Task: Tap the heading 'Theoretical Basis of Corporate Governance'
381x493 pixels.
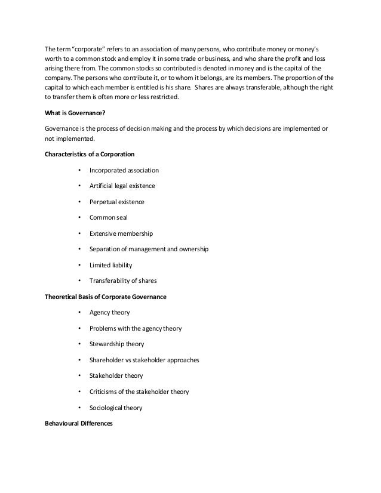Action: [106, 297]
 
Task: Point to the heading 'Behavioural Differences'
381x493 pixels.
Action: [78, 423]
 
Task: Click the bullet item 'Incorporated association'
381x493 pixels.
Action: [124, 170]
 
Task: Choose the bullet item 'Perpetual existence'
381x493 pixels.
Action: [116, 202]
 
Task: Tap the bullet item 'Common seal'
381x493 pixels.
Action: [106, 218]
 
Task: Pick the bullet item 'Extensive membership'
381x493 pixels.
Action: [121, 234]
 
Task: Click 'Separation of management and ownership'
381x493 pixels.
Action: [149, 249]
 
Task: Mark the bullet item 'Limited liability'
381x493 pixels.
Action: [110, 265]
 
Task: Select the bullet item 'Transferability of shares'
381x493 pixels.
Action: [123, 281]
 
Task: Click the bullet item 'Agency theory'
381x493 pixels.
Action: [109, 312]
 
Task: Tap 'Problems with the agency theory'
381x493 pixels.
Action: [136, 328]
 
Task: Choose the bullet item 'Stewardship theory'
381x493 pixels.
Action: [116, 344]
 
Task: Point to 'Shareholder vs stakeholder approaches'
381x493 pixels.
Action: [144, 360]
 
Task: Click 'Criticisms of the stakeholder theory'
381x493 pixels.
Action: [139, 392]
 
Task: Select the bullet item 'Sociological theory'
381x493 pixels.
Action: [116, 408]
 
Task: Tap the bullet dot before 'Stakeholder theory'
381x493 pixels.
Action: [78, 376]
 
